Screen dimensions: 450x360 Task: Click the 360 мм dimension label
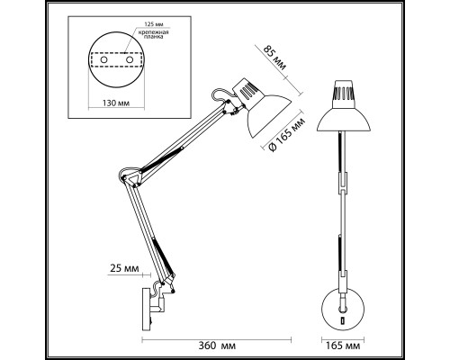[x=217, y=346]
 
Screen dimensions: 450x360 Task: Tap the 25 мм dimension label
[x=124, y=268]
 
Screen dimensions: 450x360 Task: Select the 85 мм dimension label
[x=274, y=58]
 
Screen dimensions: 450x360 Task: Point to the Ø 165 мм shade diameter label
[x=287, y=135]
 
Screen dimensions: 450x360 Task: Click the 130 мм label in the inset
[x=116, y=103]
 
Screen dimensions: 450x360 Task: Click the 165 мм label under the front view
[x=343, y=346]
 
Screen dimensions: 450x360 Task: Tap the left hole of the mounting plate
[x=103, y=60]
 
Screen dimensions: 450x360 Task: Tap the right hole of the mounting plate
[x=130, y=59]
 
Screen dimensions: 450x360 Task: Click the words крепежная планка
[x=153, y=34]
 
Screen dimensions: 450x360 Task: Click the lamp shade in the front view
[x=344, y=120]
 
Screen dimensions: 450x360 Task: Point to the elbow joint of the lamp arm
[x=130, y=177]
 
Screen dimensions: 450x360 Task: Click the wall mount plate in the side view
[x=146, y=309]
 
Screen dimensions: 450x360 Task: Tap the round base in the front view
[x=343, y=310]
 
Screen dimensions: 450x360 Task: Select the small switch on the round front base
[x=343, y=321]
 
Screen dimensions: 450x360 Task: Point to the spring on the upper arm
[x=163, y=158]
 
